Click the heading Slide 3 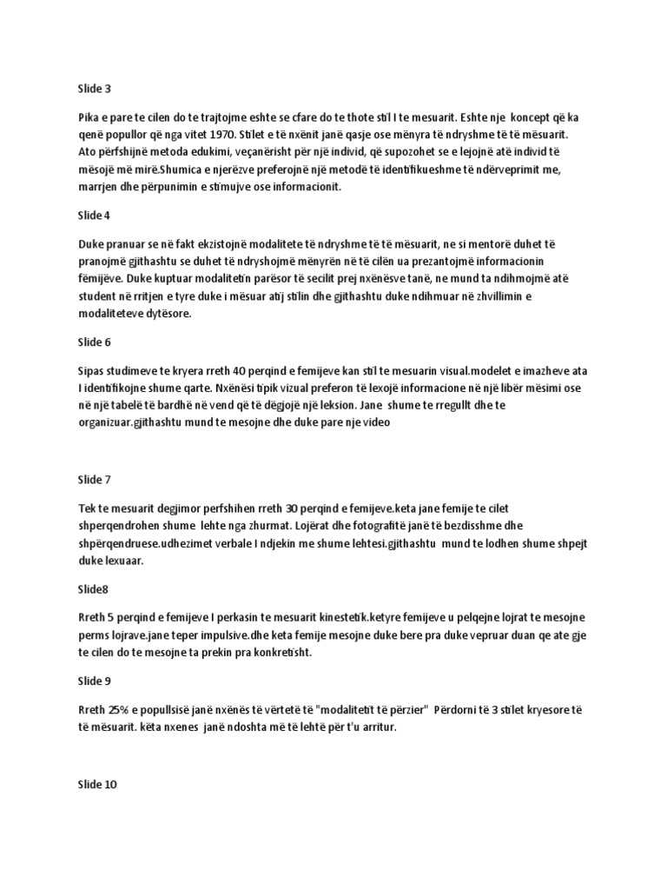click(x=96, y=89)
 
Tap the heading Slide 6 click(x=96, y=343)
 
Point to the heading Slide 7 click(x=96, y=479)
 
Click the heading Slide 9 click(x=96, y=682)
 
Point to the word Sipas click(x=92, y=369)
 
